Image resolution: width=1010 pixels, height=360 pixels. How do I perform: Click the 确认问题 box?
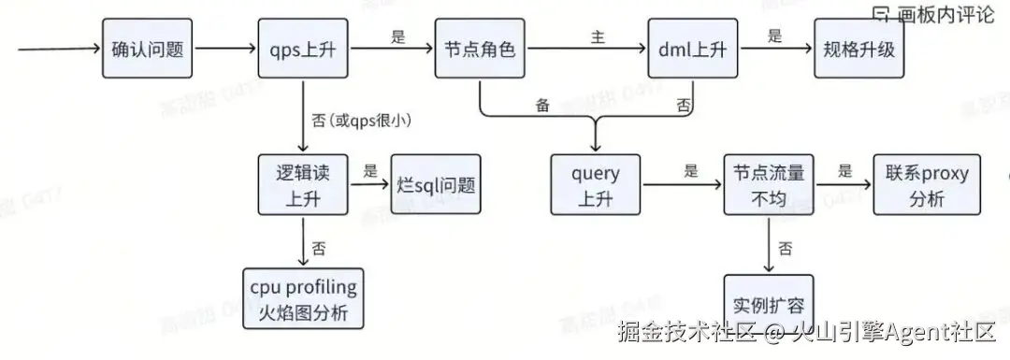click(146, 49)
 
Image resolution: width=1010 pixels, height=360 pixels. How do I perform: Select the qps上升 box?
click(303, 49)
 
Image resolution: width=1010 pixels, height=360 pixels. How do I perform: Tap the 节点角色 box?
click(480, 49)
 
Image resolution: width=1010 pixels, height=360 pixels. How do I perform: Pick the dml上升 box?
click(693, 49)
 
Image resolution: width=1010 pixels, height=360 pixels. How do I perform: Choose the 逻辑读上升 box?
click(303, 186)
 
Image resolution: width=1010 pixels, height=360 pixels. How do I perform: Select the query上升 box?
click(596, 186)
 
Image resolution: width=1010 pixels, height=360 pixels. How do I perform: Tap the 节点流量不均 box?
click(770, 186)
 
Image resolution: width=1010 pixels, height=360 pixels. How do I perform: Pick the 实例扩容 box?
click(770, 301)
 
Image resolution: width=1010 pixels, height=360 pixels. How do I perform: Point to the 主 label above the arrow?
click(597, 37)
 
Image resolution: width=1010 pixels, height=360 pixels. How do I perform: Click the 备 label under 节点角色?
click(542, 105)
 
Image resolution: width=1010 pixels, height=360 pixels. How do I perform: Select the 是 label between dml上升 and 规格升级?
click(774, 37)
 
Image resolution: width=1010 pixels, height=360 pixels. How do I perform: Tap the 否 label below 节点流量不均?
click(786, 249)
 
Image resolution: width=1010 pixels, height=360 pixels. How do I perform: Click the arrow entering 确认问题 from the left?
click(56, 49)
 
